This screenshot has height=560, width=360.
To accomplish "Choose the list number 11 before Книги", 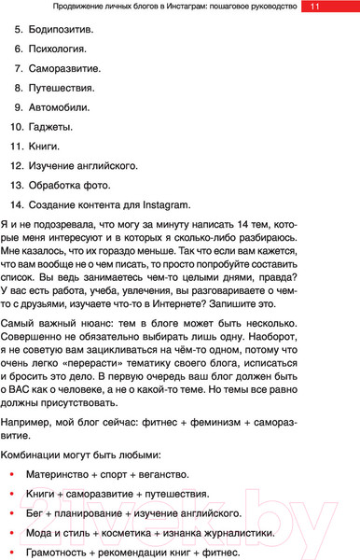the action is pyautogui.click(x=17, y=147).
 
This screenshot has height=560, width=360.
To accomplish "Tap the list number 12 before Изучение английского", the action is pyautogui.click(x=17, y=166).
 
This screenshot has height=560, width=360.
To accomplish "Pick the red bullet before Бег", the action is pyautogui.click(x=10, y=514).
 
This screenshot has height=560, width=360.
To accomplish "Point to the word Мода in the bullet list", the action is pyautogui.click(x=43, y=533).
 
